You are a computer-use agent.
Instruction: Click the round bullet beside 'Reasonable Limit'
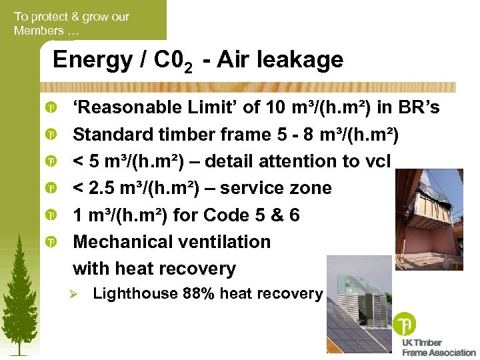[51, 108]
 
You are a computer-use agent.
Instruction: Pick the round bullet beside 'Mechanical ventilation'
[51, 243]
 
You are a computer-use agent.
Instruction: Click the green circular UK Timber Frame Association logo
[404, 324]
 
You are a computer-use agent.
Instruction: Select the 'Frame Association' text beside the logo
[439, 353]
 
